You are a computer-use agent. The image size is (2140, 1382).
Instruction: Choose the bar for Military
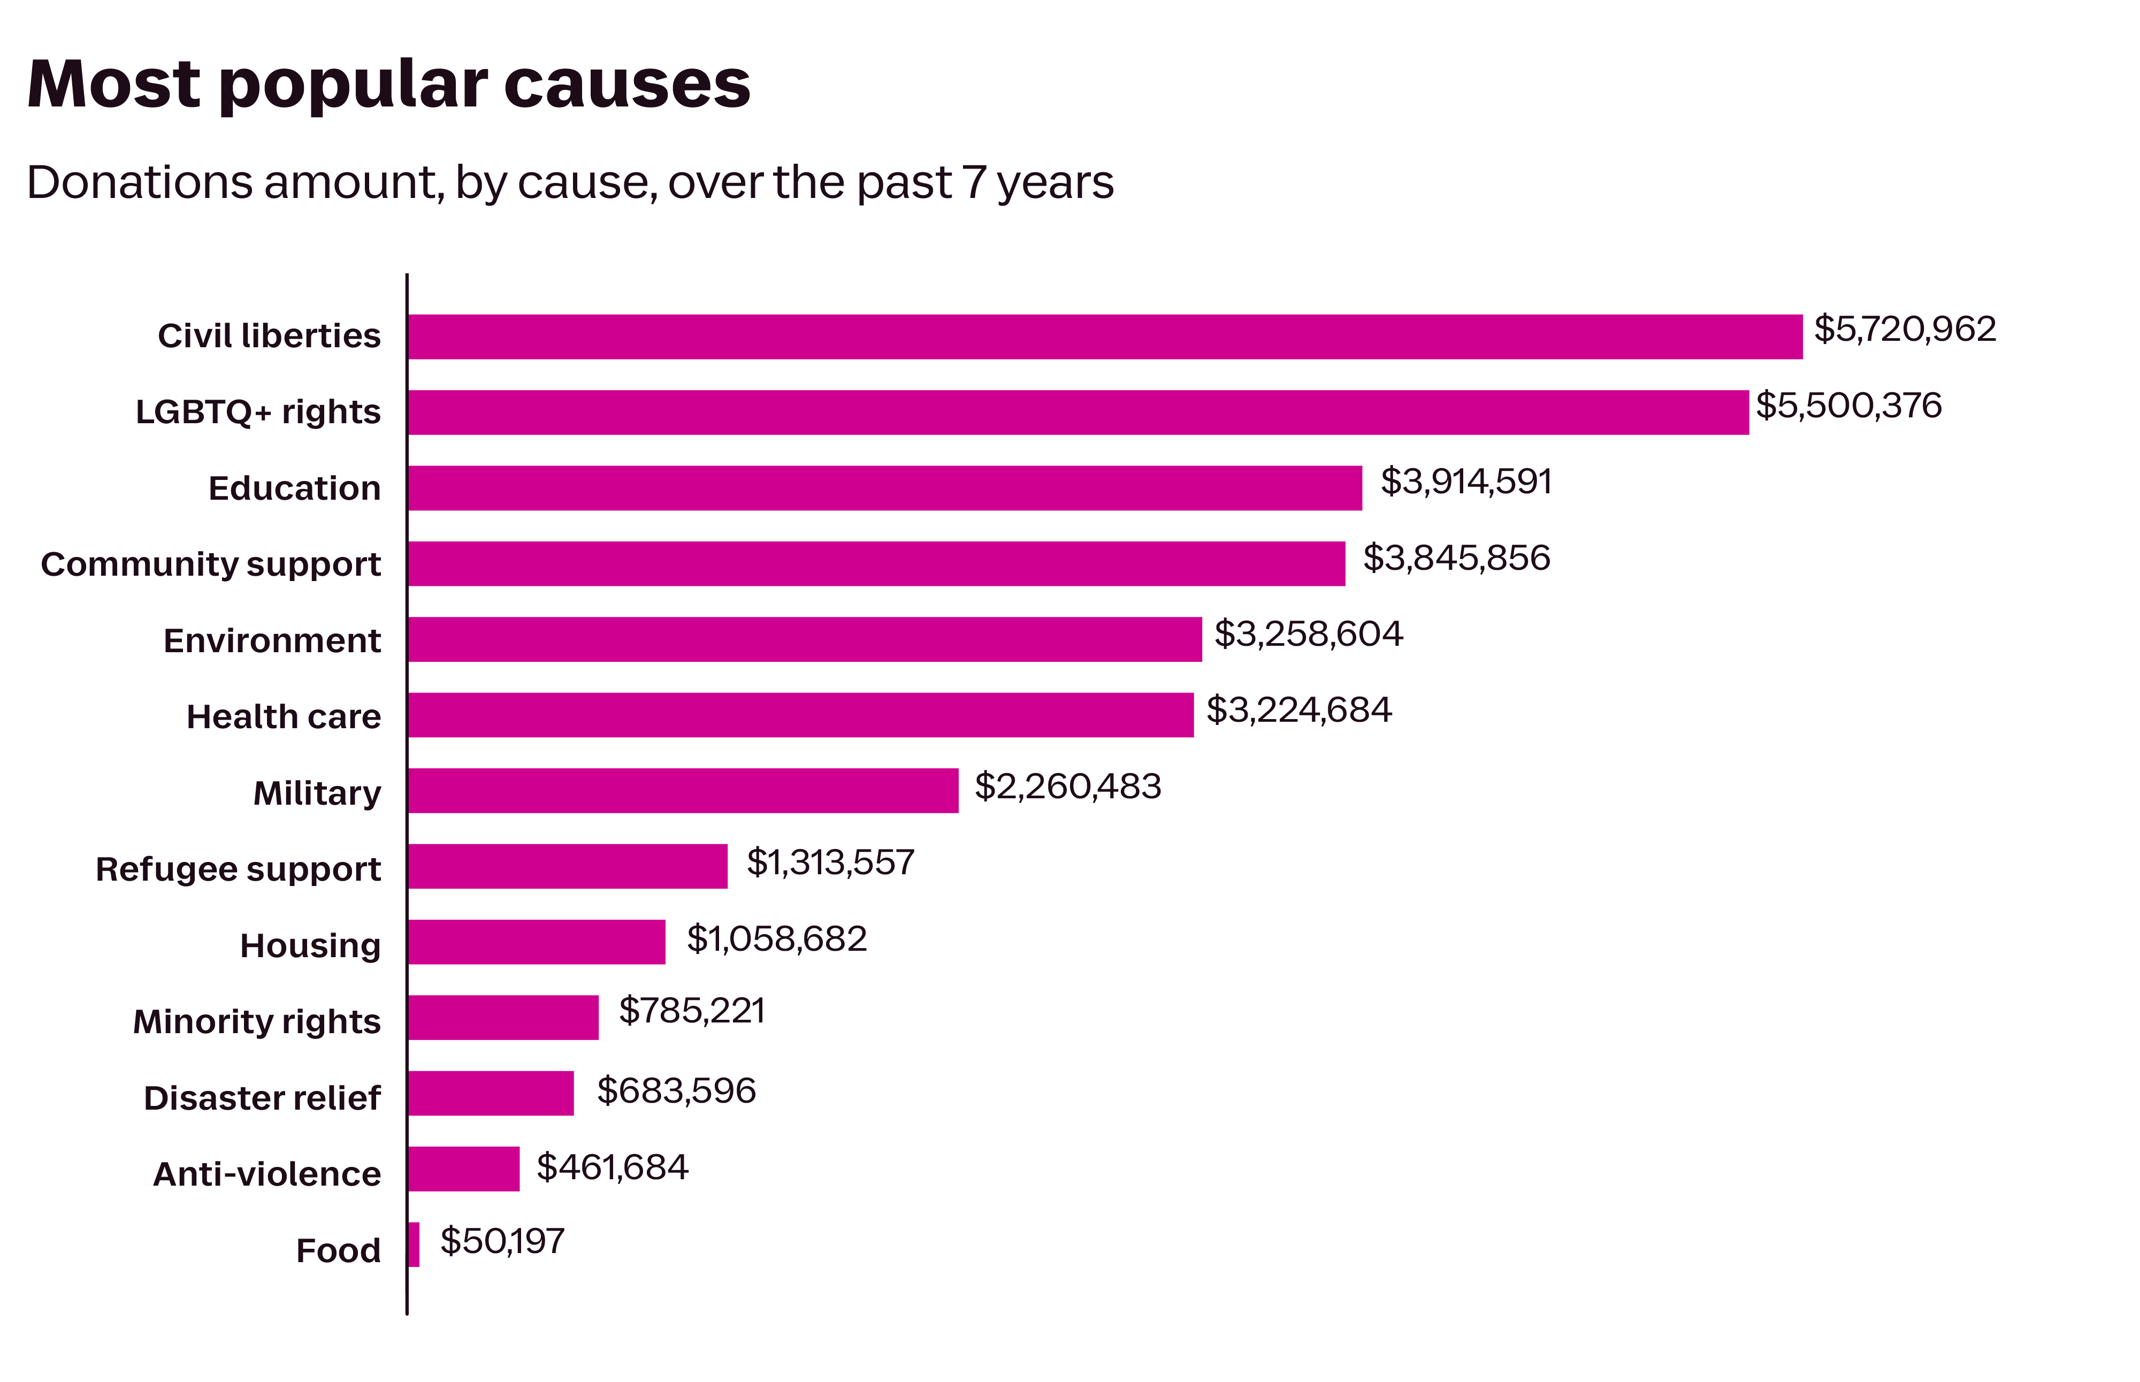682,791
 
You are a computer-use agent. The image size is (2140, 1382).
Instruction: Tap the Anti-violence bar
463,1169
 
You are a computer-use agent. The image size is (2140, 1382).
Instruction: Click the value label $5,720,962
1904,330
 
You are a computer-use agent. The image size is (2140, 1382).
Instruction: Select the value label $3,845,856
1455,558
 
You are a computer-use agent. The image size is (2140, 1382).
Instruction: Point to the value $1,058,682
776,938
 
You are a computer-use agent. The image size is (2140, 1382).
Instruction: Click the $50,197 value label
502,1241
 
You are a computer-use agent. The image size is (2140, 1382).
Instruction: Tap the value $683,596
676,1090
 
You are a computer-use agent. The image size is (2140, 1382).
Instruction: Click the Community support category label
211,564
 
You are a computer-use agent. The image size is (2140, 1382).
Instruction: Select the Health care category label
284,717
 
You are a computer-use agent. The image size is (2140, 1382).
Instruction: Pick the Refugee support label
238,869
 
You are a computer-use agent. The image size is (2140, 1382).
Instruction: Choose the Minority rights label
257,1021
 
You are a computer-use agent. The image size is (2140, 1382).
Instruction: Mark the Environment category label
272,641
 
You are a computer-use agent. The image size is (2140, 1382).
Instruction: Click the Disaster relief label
262,1097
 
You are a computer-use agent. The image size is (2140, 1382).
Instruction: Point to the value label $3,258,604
1308,635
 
